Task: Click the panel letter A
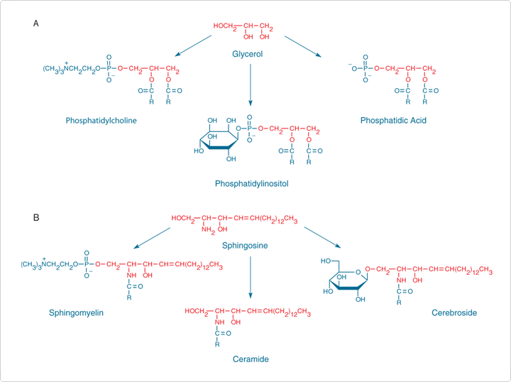tap(36, 23)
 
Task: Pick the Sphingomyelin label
tap(76, 312)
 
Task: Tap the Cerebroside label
tap(454, 312)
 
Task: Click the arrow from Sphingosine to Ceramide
tap(250, 277)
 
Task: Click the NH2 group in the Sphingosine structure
tap(207, 229)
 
